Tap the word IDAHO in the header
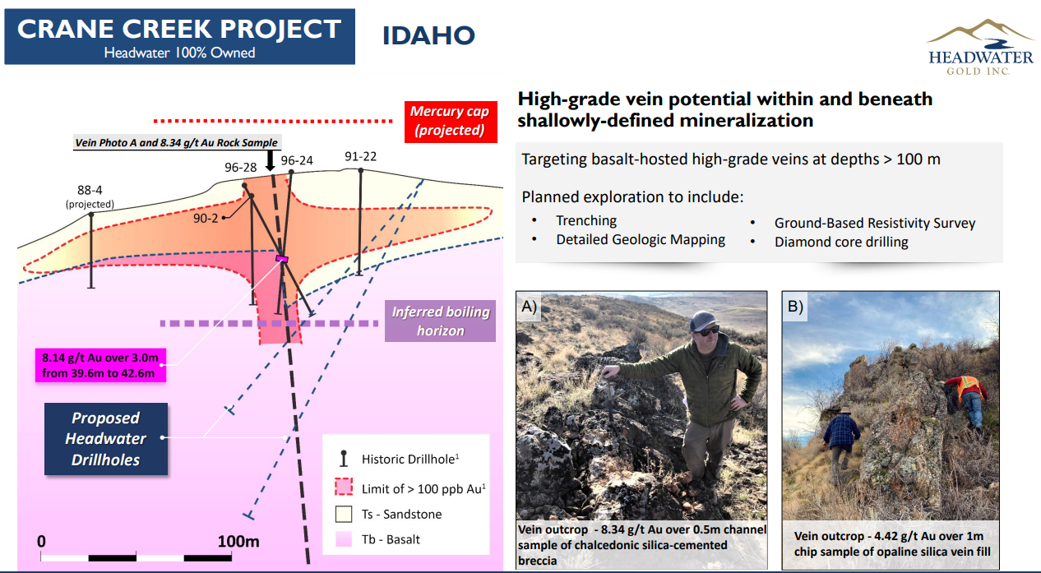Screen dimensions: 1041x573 (428, 35)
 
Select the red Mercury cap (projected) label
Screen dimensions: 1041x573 (451, 122)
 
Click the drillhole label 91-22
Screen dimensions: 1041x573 (360, 157)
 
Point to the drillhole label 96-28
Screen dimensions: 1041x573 (240, 168)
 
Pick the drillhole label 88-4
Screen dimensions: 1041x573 (90, 190)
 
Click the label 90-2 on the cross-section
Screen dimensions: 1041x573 (206, 218)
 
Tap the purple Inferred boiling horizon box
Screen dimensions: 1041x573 (440, 321)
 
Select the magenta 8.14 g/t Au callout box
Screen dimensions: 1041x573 (100, 365)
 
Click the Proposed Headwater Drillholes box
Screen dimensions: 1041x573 (106, 439)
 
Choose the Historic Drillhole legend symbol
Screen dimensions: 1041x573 (344, 458)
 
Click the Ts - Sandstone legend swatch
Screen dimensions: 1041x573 (344, 514)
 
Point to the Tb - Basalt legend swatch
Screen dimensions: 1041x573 (344, 539)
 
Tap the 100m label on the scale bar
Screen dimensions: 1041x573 (238, 542)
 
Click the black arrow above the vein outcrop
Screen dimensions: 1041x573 (270, 160)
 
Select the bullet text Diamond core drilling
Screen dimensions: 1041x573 (841, 243)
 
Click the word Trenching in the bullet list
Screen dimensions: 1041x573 (586, 220)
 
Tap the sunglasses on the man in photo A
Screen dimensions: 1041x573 (706, 330)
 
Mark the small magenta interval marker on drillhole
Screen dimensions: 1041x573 (281, 258)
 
